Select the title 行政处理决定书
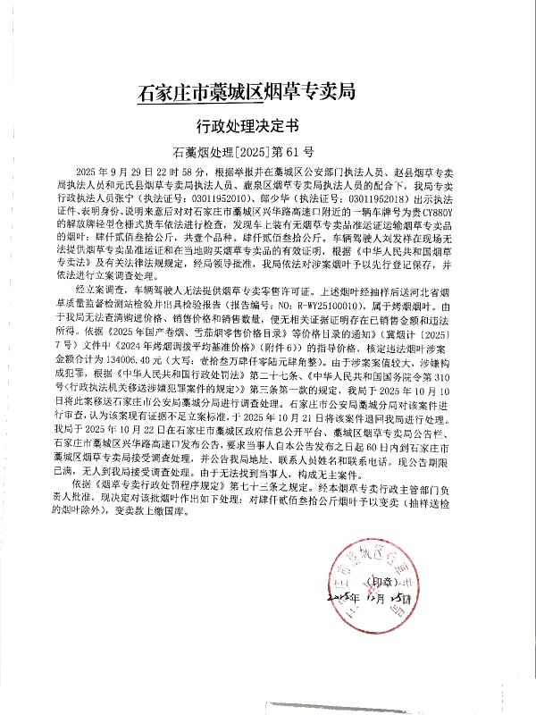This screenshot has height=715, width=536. click(x=268, y=125)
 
